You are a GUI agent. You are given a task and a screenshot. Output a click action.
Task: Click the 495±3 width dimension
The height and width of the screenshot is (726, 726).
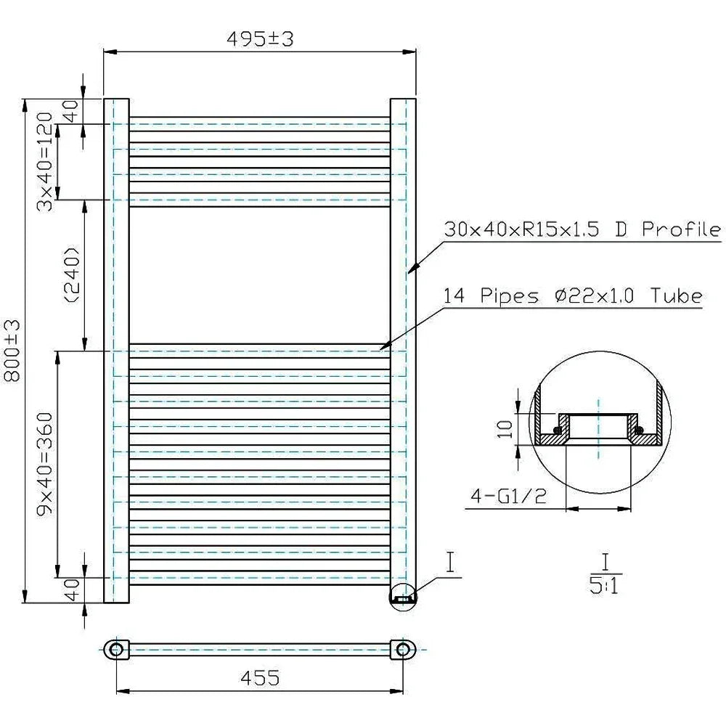point(260,39)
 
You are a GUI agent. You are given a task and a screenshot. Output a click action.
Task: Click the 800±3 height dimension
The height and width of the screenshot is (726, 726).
point(13,351)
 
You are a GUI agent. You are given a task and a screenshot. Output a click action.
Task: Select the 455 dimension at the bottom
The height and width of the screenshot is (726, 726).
point(260,677)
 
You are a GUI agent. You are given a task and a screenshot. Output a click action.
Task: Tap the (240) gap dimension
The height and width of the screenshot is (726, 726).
point(72,275)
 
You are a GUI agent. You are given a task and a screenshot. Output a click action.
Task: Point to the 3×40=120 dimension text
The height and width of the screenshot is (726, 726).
point(45,162)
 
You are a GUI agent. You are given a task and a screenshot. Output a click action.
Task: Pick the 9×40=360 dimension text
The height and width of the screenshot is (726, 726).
point(45,465)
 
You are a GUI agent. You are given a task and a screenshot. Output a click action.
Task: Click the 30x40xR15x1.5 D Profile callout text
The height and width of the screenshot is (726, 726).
point(582,229)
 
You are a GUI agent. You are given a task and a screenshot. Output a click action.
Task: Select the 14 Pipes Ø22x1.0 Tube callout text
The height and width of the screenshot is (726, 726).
point(574,295)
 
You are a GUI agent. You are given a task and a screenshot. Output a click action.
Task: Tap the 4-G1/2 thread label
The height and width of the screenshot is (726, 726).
point(508,497)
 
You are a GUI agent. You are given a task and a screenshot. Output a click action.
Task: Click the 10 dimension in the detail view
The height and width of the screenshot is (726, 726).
point(505,429)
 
